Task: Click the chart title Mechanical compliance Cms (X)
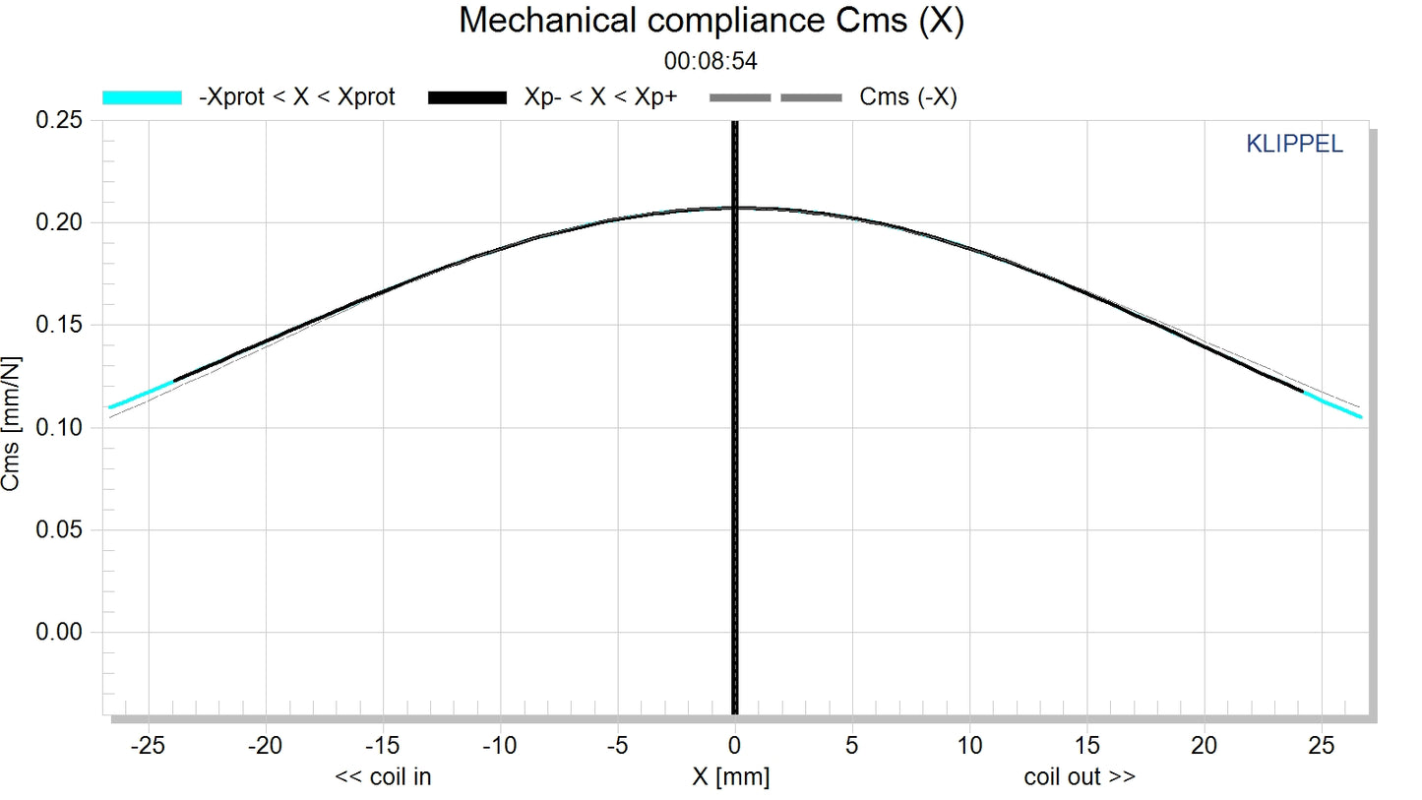[711, 21]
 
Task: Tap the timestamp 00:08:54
[711, 61]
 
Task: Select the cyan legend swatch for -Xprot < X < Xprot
[143, 96]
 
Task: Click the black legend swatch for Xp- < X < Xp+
[467, 96]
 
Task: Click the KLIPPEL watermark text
[1294, 145]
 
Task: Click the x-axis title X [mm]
[730, 777]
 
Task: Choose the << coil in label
[384, 777]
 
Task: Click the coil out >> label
[1080, 777]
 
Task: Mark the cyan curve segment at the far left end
[141, 395]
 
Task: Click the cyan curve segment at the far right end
[1333, 404]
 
